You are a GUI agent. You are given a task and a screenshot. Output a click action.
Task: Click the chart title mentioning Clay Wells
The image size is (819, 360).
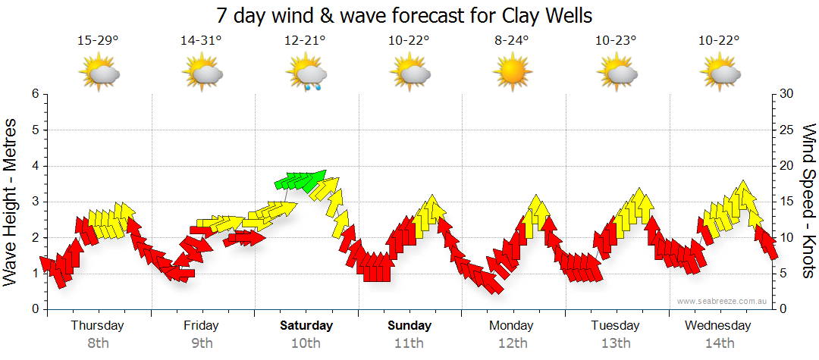[403, 15]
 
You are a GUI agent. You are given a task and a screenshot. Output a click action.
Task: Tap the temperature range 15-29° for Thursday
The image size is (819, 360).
[98, 40]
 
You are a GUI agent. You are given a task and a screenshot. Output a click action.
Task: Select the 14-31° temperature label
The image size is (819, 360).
[201, 40]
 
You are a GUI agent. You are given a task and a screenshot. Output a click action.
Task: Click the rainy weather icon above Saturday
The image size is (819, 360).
[306, 75]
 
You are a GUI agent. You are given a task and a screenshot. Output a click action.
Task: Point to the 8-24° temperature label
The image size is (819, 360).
[512, 40]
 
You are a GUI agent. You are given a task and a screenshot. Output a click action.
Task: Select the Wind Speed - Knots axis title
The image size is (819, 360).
[808, 201]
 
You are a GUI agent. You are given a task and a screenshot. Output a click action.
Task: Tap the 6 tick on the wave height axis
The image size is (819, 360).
[34, 94]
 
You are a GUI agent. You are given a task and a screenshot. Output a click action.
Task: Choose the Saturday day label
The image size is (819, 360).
[306, 326]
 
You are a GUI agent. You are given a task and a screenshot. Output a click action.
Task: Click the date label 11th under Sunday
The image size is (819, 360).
[409, 343]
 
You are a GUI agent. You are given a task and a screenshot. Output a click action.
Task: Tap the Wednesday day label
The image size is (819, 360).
[717, 326]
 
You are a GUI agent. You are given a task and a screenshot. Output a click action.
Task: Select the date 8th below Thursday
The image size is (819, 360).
[98, 343]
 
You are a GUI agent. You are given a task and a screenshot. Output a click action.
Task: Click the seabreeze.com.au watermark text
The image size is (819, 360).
[723, 301]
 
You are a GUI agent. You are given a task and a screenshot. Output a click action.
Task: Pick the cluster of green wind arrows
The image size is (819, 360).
[300, 180]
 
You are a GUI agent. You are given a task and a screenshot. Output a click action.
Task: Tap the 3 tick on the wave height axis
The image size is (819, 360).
[34, 202]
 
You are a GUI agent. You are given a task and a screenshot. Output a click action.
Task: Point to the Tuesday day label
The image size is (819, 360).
[615, 326]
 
